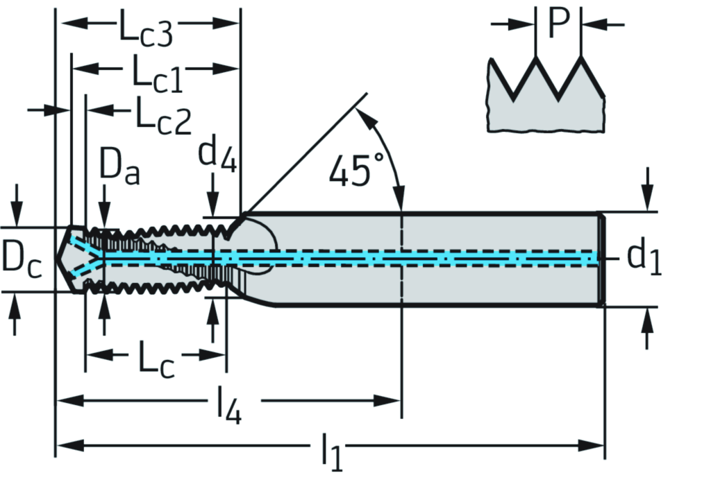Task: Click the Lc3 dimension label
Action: (x=144, y=31)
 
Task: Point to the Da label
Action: (x=119, y=167)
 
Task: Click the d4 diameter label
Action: (x=218, y=154)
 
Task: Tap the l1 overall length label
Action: (x=332, y=451)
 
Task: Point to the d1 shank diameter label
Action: (x=644, y=257)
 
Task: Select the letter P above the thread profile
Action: (x=558, y=24)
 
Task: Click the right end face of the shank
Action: (x=602, y=259)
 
